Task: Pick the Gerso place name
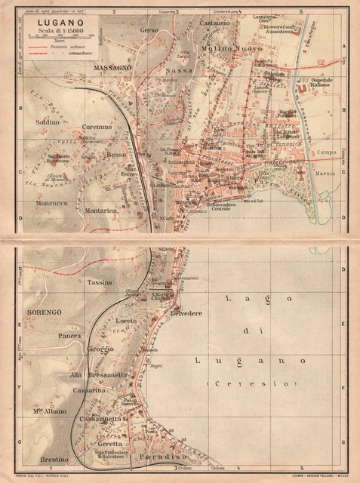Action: (x=149, y=29)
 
